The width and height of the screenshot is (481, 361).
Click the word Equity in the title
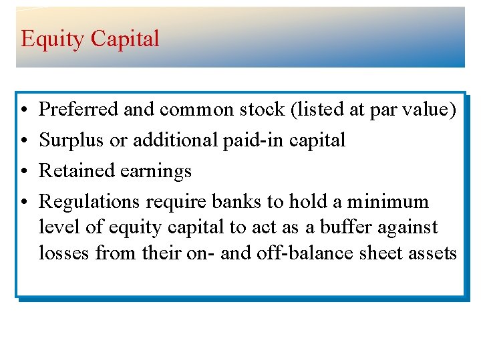[53, 39]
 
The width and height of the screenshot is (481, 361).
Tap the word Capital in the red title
[125, 38]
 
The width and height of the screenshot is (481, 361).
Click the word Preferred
[79, 109]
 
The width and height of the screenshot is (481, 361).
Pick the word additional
[175, 140]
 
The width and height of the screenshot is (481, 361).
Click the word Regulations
[90, 203]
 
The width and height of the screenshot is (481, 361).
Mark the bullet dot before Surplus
[23, 140]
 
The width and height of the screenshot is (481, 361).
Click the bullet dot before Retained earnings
[23, 171]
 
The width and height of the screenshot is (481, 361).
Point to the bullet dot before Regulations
[23, 202]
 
